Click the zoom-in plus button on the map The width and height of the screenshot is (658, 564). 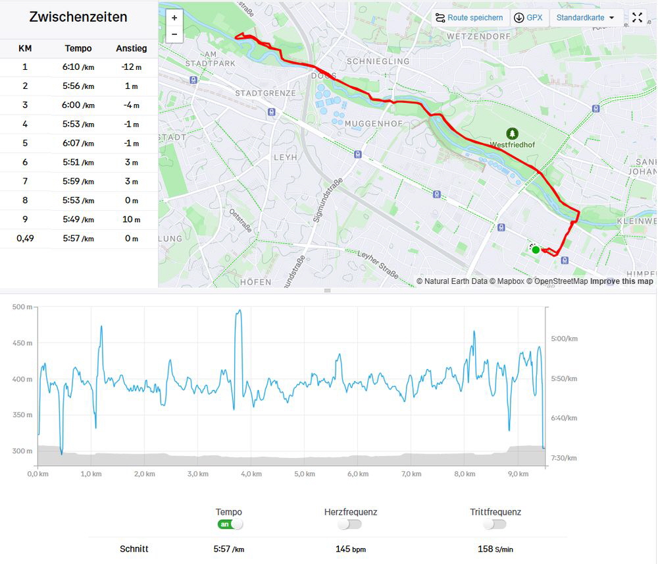point(174,18)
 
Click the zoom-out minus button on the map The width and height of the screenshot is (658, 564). point(174,34)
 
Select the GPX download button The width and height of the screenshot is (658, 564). point(528,18)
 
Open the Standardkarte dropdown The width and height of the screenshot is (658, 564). point(585,18)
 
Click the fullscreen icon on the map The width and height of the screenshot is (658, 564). point(637,18)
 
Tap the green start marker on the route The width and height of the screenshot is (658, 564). point(536,250)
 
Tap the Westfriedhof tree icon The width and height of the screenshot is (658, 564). point(513,134)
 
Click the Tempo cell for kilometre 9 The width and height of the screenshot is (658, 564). point(78,219)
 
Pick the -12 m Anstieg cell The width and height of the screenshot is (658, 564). point(132,67)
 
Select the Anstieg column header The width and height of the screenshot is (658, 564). point(132,48)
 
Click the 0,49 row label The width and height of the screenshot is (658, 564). point(25,239)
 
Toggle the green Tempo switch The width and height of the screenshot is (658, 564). point(230,524)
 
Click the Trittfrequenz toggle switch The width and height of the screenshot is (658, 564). point(494,524)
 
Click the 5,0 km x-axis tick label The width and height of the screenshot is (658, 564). point(305,474)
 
